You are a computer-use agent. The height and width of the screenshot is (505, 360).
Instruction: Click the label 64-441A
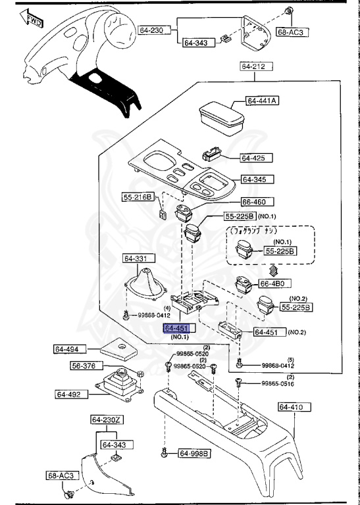coord(263,101)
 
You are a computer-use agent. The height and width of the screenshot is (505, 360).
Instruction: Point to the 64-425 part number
coord(253,158)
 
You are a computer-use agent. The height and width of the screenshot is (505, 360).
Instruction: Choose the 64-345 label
coord(257,180)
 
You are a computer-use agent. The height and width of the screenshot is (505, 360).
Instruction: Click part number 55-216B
coord(138,197)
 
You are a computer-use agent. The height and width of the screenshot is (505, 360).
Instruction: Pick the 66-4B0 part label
coord(272,283)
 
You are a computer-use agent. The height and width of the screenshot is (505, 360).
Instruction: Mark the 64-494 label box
coord(68,349)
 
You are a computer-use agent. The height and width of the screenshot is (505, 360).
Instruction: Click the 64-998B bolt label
coord(194,453)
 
